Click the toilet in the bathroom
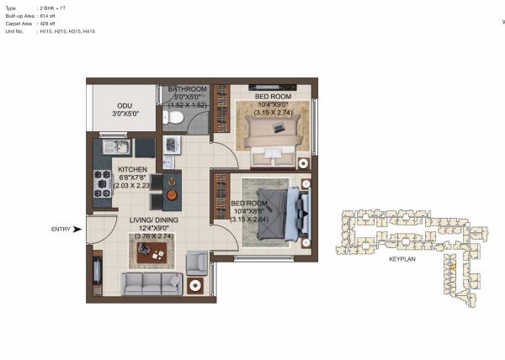(174, 119)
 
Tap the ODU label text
(124, 108)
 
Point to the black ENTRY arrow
(78, 229)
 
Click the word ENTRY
(60, 229)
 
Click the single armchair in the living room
(197, 263)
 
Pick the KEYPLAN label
(402, 260)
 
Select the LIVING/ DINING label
(152, 220)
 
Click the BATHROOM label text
(187, 89)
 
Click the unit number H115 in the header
(46, 30)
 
